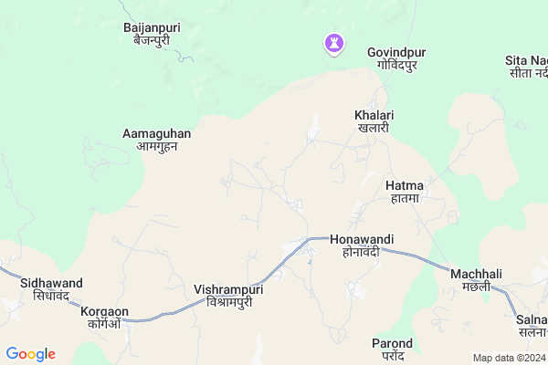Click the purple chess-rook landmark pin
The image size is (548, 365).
point(334,43)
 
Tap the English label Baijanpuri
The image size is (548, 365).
point(152,27)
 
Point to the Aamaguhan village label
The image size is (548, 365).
point(156,133)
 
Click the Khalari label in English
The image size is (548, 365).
point(373,116)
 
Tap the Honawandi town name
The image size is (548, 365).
point(362,239)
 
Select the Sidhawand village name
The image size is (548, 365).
point(51,283)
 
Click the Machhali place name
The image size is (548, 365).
point(476,274)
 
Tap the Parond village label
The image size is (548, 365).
point(392,344)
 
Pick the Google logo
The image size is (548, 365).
point(30,354)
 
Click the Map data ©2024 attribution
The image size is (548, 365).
point(507,358)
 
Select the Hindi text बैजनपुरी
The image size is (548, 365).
point(152,40)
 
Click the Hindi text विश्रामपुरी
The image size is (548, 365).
point(229,302)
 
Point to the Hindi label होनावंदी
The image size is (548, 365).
point(362,252)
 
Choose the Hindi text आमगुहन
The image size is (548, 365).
point(156,146)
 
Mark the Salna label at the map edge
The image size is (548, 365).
point(531,318)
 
